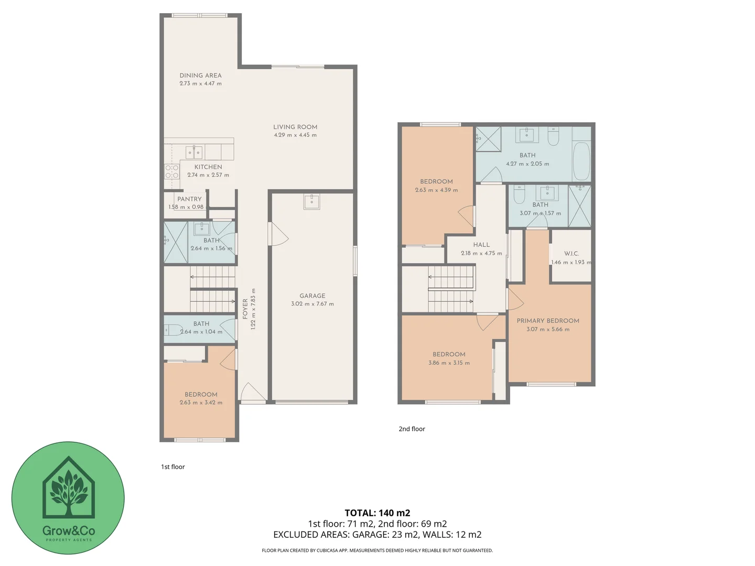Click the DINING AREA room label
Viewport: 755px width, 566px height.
(200, 75)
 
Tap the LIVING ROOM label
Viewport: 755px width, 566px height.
(295, 127)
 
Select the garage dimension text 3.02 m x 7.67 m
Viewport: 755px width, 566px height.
(312, 304)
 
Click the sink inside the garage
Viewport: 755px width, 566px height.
(312, 201)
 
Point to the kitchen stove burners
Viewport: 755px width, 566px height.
(172, 172)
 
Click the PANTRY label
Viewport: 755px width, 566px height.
(189, 199)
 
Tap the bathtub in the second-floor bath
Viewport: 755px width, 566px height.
(581, 160)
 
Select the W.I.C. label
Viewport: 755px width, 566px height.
(571, 254)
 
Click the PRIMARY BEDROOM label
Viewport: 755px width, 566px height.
(548, 321)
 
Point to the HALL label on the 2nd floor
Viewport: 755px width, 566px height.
(481, 245)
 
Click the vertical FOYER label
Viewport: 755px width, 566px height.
(245, 309)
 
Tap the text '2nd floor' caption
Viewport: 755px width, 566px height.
(412, 429)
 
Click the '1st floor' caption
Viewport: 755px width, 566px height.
(173, 467)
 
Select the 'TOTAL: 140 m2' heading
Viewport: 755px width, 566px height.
(377, 513)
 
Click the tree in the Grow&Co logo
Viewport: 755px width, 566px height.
(69, 490)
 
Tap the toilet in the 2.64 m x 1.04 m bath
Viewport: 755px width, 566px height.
(172, 330)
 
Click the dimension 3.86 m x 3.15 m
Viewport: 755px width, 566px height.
(449, 363)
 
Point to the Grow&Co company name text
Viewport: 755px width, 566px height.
(69, 530)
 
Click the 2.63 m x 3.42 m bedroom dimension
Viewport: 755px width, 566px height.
(201, 402)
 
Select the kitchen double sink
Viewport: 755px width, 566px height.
(194, 153)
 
